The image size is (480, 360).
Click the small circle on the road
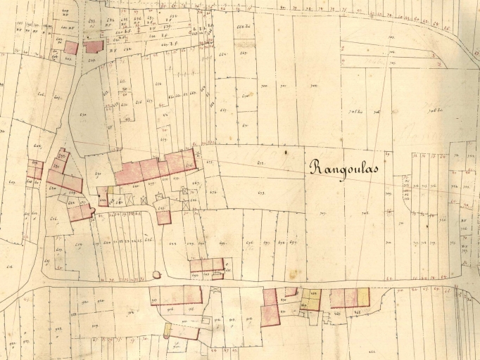point(156,275)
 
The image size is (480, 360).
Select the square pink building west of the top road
point(70,48)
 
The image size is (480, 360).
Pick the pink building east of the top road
point(93,46)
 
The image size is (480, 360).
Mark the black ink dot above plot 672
point(286,150)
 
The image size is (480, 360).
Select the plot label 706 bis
point(429,111)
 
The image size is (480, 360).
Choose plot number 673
point(261,192)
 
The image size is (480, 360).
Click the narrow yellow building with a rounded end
point(168,329)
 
